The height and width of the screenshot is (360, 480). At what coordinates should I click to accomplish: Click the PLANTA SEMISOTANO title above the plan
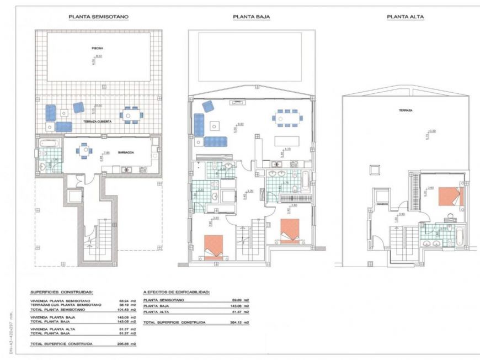click(99, 17)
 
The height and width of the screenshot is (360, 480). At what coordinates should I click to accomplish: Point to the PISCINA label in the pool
click(97, 48)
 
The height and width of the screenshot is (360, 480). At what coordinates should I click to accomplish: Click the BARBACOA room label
click(126, 155)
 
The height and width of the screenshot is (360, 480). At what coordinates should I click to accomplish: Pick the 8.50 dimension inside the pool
click(99, 56)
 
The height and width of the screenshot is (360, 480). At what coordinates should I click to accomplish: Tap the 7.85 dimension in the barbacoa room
click(108, 153)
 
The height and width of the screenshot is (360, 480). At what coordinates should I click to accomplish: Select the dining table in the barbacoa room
click(84, 150)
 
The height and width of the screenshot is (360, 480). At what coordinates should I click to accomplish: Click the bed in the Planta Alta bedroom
click(450, 196)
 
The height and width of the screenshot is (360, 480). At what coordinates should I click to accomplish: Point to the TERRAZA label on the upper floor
click(406, 110)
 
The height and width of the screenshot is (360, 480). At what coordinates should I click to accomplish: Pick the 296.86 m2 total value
click(128, 343)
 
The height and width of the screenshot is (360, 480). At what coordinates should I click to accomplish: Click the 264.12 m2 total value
click(242, 321)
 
